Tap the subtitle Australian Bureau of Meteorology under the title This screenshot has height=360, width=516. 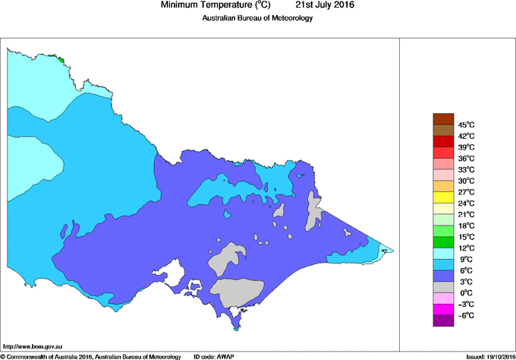(x=257, y=18)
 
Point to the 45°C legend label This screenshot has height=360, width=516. (x=466, y=125)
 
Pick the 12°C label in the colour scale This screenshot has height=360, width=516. (x=466, y=248)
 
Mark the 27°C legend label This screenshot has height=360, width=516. (x=466, y=192)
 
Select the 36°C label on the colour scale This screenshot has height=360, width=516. (x=466, y=158)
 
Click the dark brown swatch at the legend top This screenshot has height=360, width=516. (x=442, y=118)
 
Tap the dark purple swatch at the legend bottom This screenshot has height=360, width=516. (x=442, y=321)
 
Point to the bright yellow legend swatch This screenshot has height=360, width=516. (x=442, y=197)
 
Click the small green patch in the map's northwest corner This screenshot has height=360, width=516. (x=61, y=58)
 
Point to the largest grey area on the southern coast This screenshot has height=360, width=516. (x=236, y=290)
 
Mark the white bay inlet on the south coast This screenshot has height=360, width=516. (x=180, y=272)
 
